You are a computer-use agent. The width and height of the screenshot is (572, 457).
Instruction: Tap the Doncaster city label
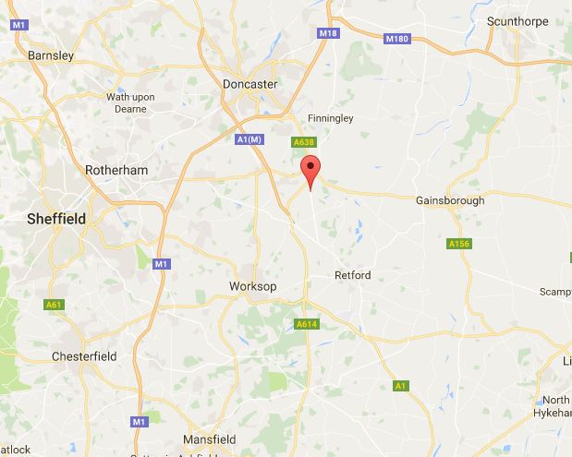coord(250,83)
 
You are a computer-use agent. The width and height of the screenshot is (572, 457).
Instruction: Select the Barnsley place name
coord(51,55)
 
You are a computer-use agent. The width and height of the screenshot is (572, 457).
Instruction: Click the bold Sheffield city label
coord(55,219)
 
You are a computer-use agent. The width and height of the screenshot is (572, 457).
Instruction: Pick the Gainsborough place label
coord(450,200)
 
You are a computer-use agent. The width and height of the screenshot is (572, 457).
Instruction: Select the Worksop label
coord(253,287)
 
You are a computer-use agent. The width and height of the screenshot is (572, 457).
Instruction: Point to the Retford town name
coord(351,275)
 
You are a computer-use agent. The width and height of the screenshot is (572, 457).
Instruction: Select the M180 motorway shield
coord(397,38)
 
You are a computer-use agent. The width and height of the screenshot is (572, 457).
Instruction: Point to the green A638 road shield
coord(304,142)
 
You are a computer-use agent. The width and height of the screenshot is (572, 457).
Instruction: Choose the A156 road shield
coord(458,244)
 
